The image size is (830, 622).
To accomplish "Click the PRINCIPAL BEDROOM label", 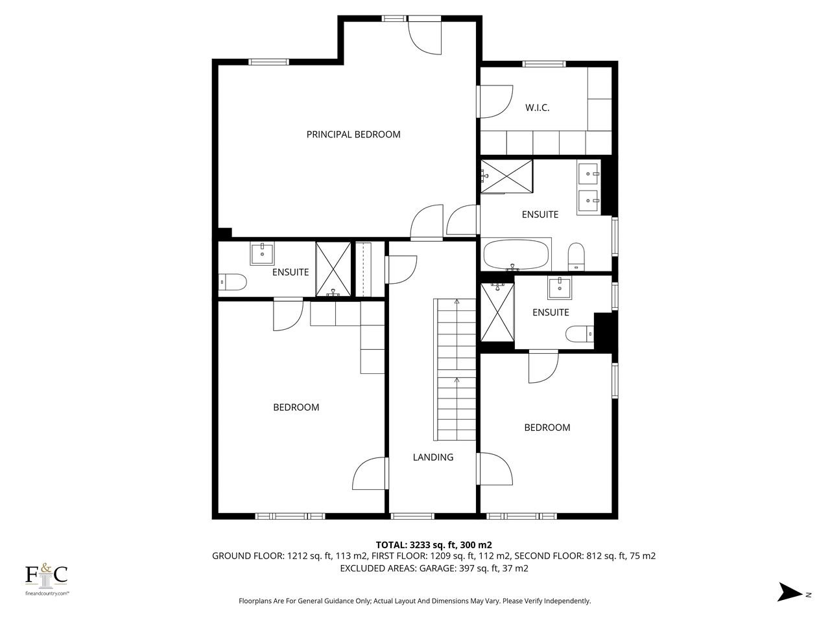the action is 353,135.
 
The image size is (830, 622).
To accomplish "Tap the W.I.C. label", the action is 537,108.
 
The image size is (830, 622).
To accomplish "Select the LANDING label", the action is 433,457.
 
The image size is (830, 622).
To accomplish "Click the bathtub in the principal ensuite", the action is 516,254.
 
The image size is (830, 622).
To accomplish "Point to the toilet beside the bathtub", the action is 576,257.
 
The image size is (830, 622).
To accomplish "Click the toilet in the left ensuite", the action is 233,282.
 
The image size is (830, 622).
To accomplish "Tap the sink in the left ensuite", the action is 262,254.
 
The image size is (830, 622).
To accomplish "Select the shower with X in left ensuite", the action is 333,269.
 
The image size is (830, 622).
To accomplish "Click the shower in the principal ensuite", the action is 506,176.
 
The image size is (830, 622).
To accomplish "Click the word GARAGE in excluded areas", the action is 437,568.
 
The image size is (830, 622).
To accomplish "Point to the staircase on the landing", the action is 455,369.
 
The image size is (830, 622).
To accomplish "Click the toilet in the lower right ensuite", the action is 580,334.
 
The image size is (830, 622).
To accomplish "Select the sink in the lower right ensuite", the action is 560,288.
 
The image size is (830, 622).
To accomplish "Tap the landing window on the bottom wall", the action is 412,516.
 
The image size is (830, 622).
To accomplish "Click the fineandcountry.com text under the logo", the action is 47,593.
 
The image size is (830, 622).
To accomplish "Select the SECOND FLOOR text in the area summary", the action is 549,556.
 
